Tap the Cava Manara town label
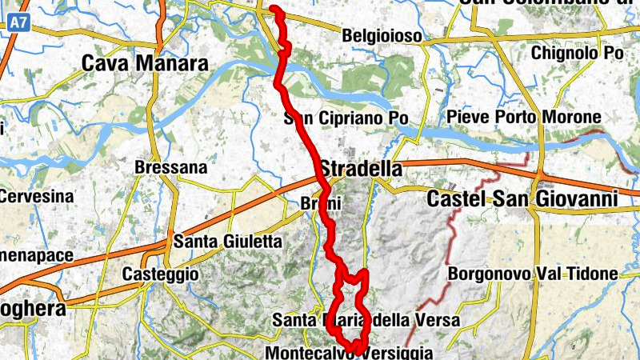[146, 63]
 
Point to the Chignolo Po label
[578, 53]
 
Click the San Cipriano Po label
[346, 119]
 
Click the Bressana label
[171, 168]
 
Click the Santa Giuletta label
[228, 240]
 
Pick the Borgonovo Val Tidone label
[533, 274]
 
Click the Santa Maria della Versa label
[366, 321]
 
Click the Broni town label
[323, 203]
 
